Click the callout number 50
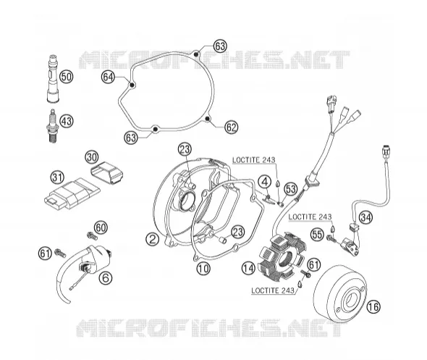click(x=67, y=77)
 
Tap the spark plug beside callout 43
click(x=53, y=125)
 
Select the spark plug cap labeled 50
click(x=52, y=79)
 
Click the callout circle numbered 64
click(x=108, y=77)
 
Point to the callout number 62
click(x=231, y=127)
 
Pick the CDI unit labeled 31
click(x=72, y=193)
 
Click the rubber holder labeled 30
click(x=106, y=173)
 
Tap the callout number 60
click(x=101, y=227)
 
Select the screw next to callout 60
click(x=92, y=235)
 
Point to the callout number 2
click(x=152, y=239)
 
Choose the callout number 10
click(x=203, y=269)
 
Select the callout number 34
click(x=365, y=217)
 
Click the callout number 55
click(x=318, y=235)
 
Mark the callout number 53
click(x=290, y=188)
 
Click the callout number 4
click(x=265, y=182)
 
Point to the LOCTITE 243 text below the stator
click(x=273, y=290)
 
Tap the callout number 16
click(x=373, y=306)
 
